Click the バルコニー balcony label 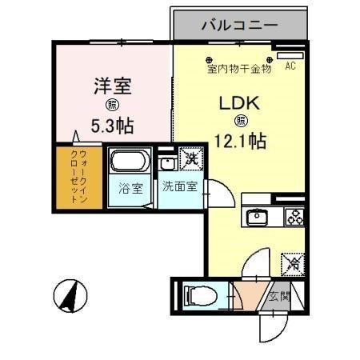239,25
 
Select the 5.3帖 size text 112,126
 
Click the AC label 290,66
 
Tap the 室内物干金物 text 239,70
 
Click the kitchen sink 258,216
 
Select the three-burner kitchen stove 293,216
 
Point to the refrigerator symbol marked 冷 293,262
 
